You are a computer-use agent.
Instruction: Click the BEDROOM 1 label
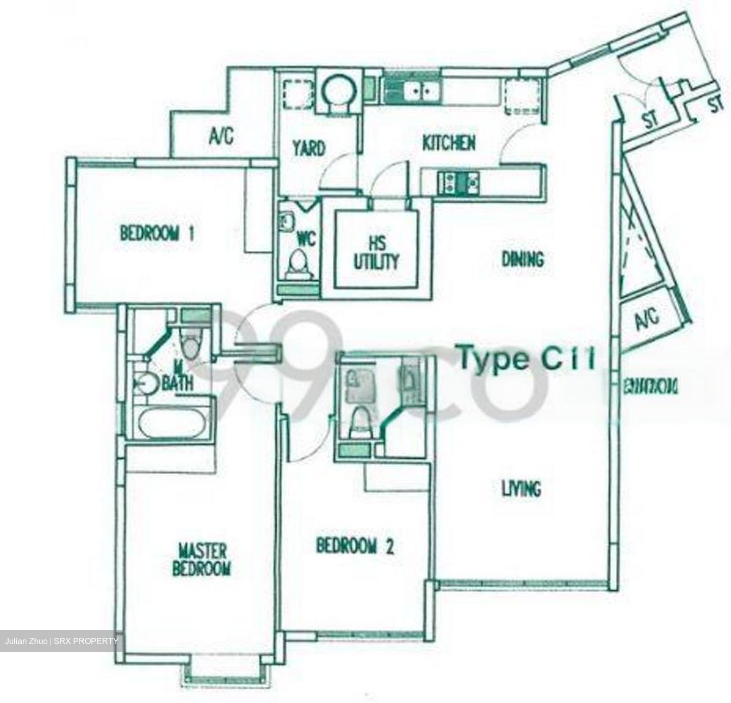pos(157,234)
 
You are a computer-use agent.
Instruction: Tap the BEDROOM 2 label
pos(355,546)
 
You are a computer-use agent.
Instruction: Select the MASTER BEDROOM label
pos(202,560)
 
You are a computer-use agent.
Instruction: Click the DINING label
pos(522,260)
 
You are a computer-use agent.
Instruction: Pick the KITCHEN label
pos(449,143)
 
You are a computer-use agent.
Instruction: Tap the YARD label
pos(309,148)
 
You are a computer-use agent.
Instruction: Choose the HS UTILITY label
pos(376,254)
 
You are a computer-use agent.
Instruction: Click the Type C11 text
pos(525,359)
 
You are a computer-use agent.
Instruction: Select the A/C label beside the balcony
pos(647,319)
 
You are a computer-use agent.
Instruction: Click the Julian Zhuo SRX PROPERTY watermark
pos(61,641)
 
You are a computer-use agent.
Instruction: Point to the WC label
pos(306,239)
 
